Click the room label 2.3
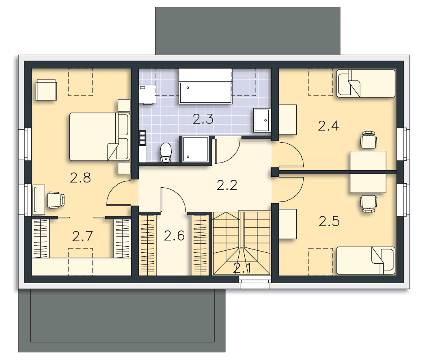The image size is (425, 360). tap(203, 119)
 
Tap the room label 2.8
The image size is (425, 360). tap(80, 178)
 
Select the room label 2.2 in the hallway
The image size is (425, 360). tap(227, 185)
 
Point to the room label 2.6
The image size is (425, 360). tap(174, 236)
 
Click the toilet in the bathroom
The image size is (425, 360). tap(166, 153)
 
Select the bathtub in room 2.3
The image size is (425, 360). tap(205, 86)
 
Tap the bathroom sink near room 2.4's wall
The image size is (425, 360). tap(262, 120)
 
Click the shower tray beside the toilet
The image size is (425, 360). tap(195, 149)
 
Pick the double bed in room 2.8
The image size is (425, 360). tap(100, 137)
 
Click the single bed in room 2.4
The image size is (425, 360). tap(366, 83)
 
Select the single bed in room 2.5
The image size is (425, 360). tap(366, 260)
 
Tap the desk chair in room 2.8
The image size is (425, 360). tap(56, 200)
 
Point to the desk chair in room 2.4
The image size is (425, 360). tap(369, 140)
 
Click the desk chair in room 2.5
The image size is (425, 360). tap(369, 204)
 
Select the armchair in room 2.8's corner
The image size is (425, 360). tap(46, 90)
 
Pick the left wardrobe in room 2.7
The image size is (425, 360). tap(41, 238)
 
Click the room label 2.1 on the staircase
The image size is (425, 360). tap(242, 268)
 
